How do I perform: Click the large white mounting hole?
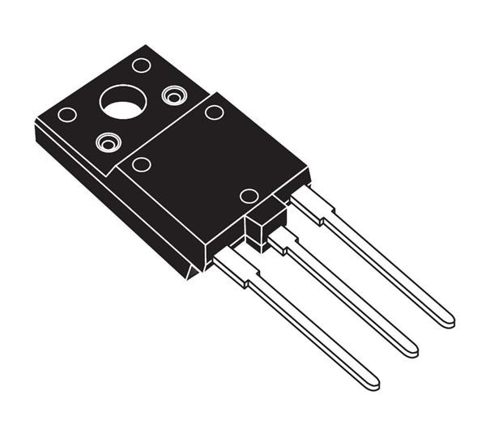(123, 102)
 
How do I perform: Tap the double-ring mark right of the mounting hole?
(174, 95)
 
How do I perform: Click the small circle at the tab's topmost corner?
(141, 65)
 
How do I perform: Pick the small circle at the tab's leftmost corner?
(66, 114)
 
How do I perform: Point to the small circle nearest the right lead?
(249, 196)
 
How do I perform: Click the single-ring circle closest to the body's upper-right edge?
(214, 112)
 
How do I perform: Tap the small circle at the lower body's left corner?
(141, 164)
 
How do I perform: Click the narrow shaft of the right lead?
(389, 268)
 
